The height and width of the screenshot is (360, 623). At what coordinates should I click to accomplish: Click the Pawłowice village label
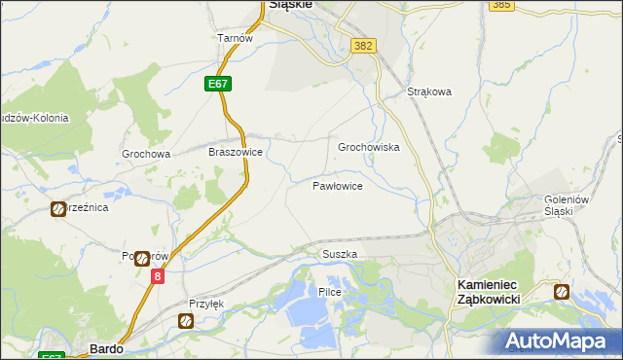coord(337,185)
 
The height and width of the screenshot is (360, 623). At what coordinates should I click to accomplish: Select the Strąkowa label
coord(429,93)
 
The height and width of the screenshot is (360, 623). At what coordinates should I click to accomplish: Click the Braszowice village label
coord(237,153)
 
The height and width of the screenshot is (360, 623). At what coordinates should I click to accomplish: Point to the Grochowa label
coord(146,154)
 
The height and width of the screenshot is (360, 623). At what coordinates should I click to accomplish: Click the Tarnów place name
coord(235,38)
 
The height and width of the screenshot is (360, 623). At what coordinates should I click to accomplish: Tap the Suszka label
coord(340,254)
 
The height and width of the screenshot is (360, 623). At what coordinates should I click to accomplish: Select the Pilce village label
coord(328,292)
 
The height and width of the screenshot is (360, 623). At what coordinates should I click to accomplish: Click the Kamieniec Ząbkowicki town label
coord(495,292)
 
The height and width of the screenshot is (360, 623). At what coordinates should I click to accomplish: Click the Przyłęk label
coord(206,304)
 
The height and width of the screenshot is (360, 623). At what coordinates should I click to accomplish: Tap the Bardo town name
coord(104,347)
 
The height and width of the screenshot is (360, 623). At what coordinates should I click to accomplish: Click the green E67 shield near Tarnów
coord(218,85)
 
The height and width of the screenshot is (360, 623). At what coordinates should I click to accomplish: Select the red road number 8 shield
coord(157,276)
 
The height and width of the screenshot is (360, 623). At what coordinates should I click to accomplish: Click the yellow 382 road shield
coord(364,46)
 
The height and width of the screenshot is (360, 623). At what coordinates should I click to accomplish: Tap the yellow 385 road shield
coord(501,5)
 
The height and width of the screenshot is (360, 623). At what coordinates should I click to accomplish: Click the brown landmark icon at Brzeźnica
coord(57,208)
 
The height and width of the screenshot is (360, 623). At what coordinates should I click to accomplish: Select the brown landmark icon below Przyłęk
coord(186,321)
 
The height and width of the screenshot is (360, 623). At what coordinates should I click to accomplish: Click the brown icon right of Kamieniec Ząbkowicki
coord(562,291)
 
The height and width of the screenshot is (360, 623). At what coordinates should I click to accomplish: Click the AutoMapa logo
coord(560,341)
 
